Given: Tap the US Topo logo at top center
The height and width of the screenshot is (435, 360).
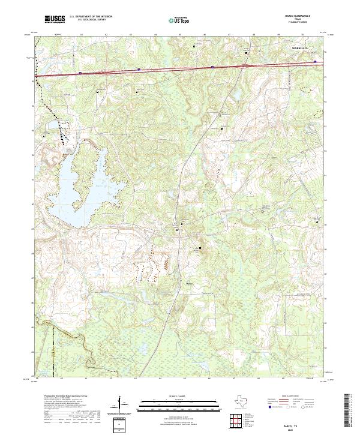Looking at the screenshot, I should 176,20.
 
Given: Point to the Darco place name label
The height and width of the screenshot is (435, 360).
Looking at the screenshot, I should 190,283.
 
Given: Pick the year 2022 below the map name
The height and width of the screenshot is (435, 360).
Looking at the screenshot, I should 290,428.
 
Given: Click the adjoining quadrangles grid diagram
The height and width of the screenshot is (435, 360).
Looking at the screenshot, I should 236,419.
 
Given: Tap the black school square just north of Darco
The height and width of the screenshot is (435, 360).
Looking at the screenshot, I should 200,248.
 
